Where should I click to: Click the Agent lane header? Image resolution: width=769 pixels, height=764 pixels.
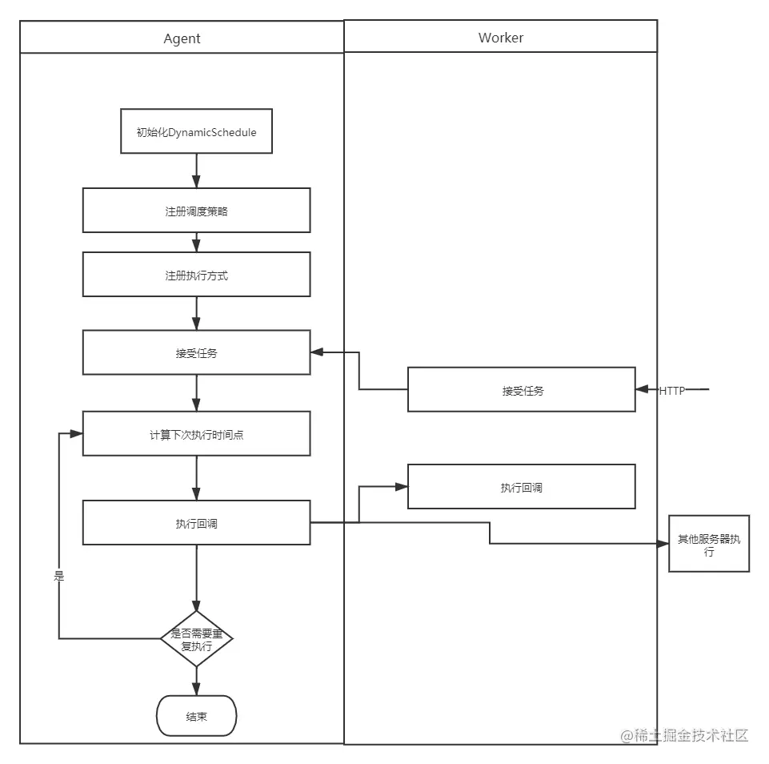(x=182, y=38)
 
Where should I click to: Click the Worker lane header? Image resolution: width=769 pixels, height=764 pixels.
(x=500, y=37)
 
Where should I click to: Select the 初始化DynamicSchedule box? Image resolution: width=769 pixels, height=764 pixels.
(x=196, y=131)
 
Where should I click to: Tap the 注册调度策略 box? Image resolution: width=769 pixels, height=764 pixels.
(x=196, y=211)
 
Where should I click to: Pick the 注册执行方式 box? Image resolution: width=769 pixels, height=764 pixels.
(x=196, y=275)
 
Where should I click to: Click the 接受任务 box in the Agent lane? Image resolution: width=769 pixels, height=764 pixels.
(x=196, y=352)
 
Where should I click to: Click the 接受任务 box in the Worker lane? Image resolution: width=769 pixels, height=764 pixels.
(x=521, y=390)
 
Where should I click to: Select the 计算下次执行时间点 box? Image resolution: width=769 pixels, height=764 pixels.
(x=196, y=434)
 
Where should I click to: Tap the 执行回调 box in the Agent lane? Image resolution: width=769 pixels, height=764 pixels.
(x=196, y=523)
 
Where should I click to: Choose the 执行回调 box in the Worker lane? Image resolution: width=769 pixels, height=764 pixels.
(x=521, y=487)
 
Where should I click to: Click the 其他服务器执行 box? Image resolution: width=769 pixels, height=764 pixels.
(x=708, y=544)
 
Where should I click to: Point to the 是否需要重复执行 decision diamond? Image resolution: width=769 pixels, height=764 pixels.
(x=196, y=638)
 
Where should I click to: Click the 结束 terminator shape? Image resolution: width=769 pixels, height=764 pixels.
(x=196, y=716)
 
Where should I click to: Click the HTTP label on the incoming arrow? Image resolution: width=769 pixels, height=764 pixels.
(x=671, y=391)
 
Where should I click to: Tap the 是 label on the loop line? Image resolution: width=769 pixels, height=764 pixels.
(x=58, y=575)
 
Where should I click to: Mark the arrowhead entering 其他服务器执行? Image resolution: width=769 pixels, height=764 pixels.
(x=663, y=544)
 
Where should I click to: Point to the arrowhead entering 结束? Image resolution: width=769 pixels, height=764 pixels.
(x=196, y=690)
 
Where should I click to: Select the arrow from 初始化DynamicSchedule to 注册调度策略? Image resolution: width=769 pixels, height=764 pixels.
(x=196, y=171)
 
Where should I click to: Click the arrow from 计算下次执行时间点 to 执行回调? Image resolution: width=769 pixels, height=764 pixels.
(x=196, y=478)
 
